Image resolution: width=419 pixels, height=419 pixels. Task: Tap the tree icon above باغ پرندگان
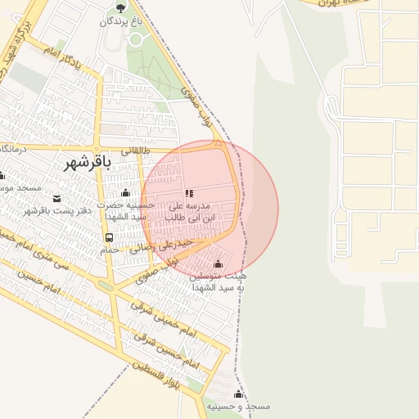pyautogui.click(x=120, y=8)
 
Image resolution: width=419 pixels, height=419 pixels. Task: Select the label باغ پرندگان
pyautogui.click(x=120, y=22)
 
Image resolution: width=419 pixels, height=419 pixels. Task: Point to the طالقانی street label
pyautogui.click(x=136, y=151)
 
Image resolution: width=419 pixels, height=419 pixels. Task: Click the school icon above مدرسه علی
pyautogui.click(x=189, y=194)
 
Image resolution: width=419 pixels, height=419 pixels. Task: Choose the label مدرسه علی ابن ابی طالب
pyautogui.click(x=189, y=212)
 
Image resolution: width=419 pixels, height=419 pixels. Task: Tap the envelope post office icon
pyautogui.click(x=56, y=199)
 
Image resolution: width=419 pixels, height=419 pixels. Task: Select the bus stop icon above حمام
pyautogui.click(x=109, y=237)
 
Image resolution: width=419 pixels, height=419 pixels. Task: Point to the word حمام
pyautogui.click(x=110, y=250)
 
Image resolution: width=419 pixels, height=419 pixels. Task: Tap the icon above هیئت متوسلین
pyautogui.click(x=218, y=264)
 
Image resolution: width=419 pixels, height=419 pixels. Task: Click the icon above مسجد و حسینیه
pyautogui.click(x=238, y=394)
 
